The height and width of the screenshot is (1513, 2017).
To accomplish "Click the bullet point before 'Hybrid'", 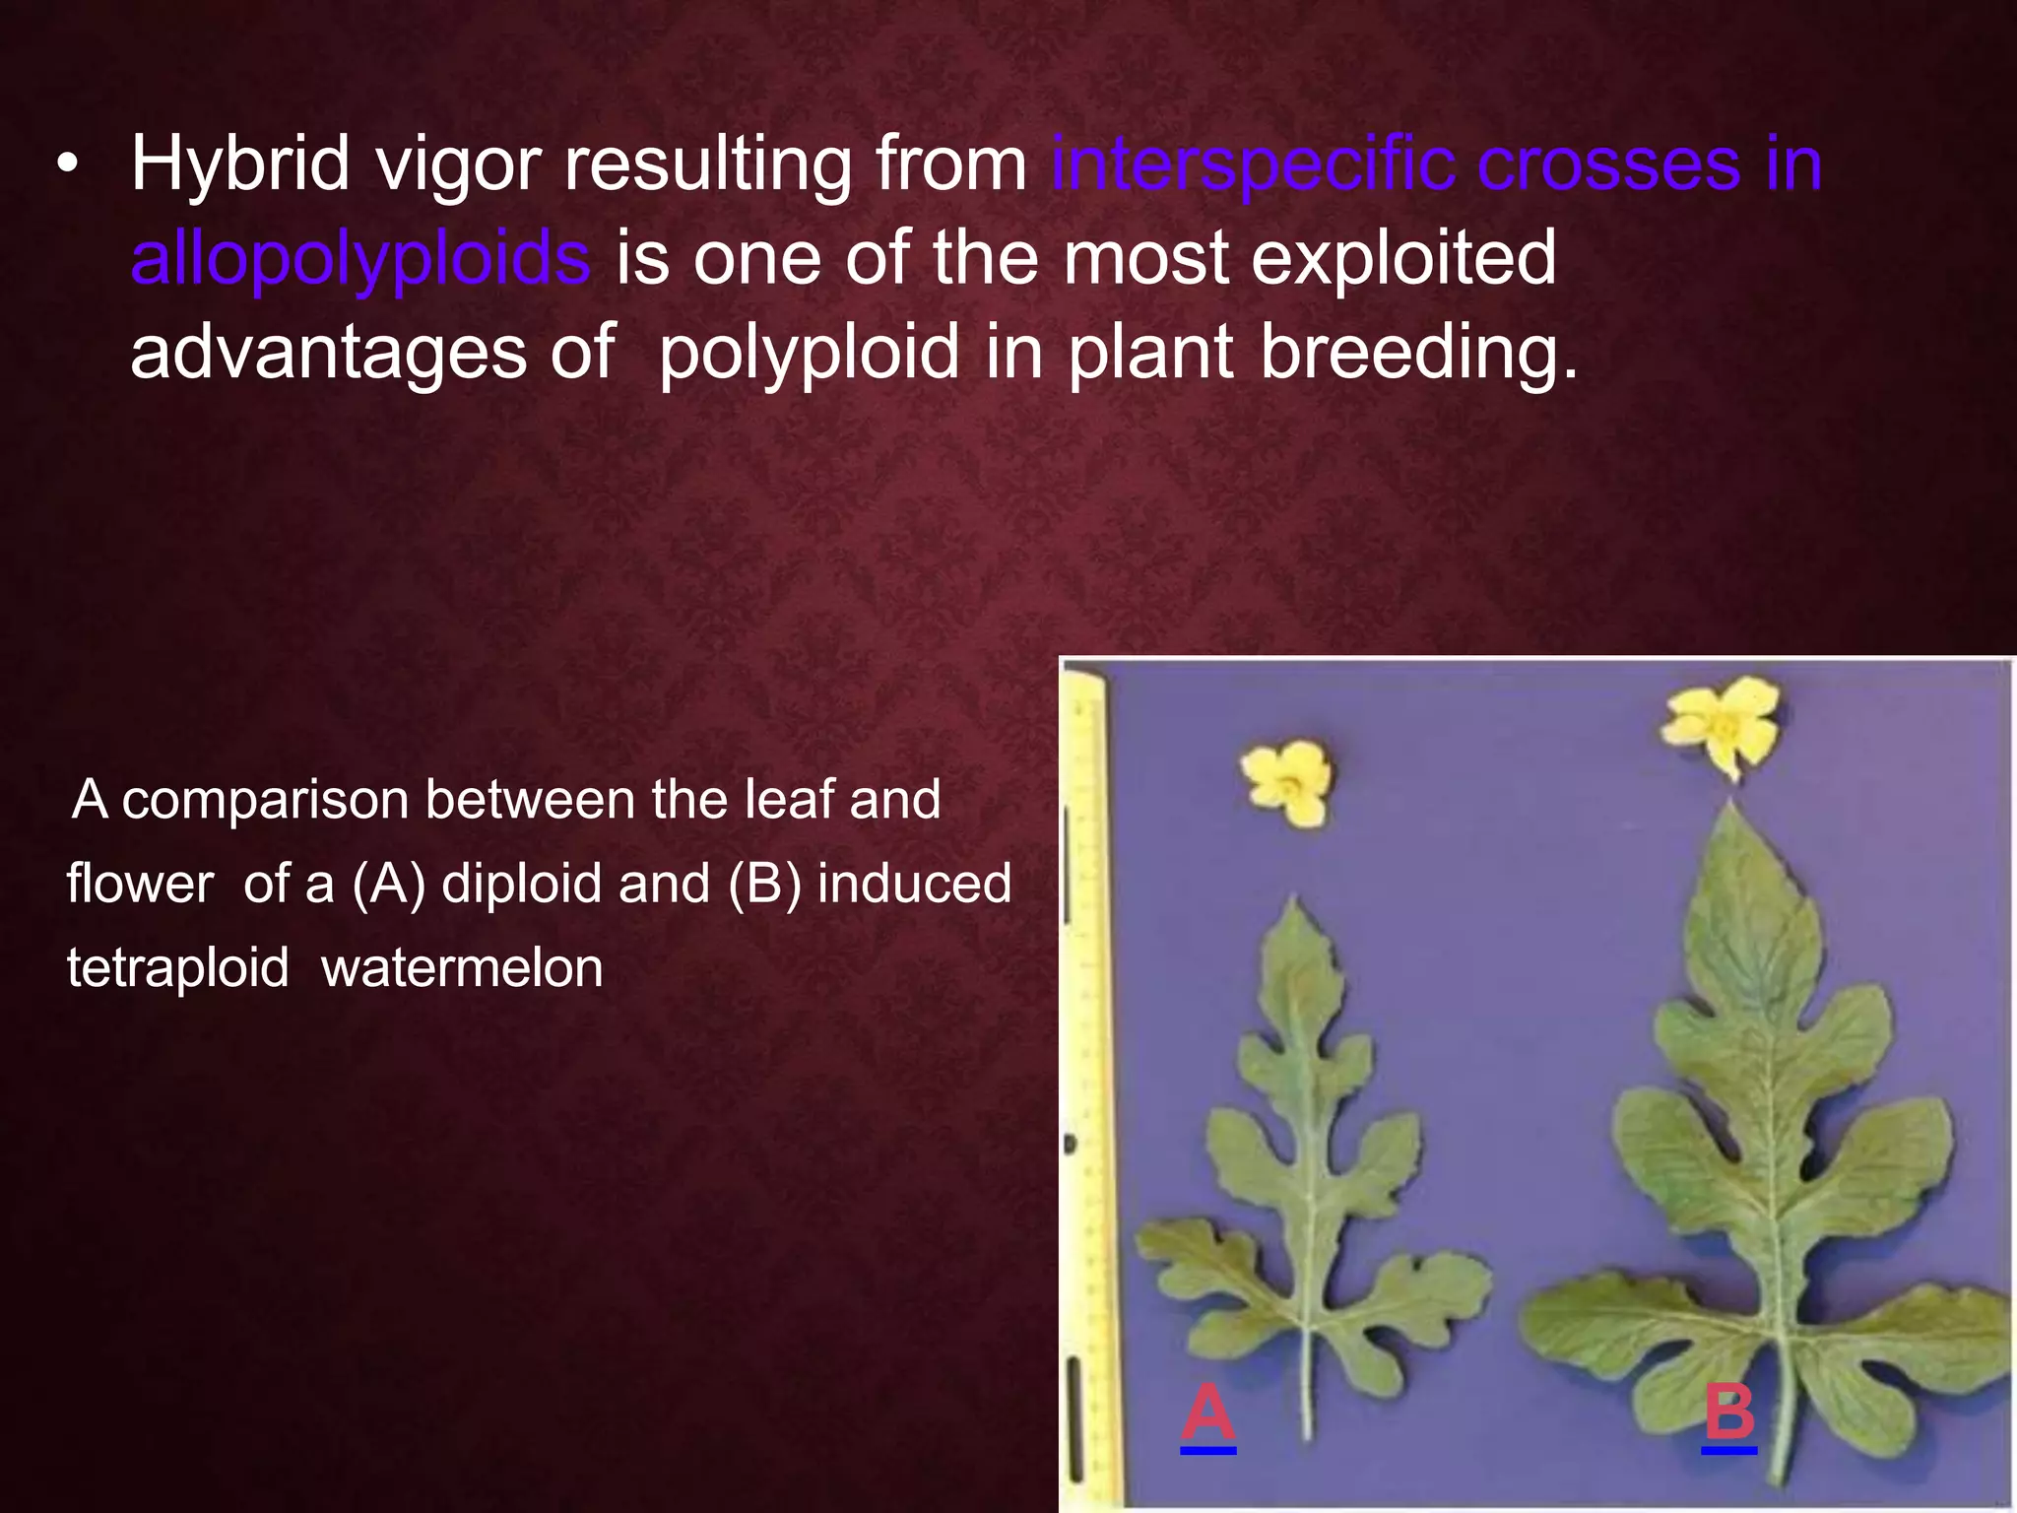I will (x=66, y=168).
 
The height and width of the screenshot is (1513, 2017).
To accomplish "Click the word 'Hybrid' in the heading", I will (x=240, y=165).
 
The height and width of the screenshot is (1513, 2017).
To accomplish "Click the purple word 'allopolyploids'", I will (x=360, y=258).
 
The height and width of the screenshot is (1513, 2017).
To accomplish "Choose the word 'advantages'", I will (x=328, y=353).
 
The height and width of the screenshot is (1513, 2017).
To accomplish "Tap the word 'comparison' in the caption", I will (x=266, y=799).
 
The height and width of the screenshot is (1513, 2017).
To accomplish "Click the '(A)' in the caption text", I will (x=389, y=884).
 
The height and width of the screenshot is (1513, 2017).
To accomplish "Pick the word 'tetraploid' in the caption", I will (x=177, y=968).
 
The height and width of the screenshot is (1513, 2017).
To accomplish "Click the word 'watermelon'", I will (x=462, y=968).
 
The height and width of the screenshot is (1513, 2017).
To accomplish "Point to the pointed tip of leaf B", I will (x=1731, y=806).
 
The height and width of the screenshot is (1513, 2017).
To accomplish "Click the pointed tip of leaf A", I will (x=1295, y=898).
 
